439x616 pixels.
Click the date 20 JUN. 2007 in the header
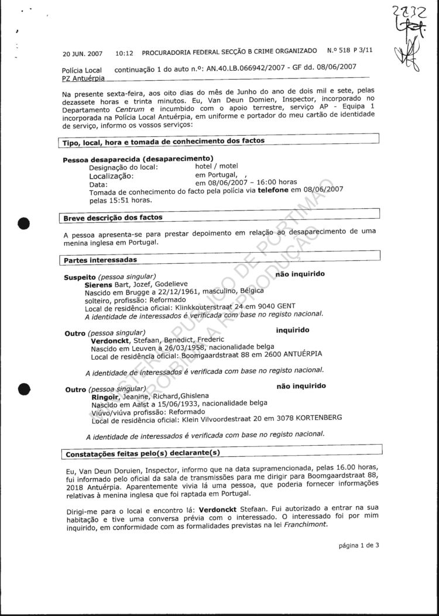82,54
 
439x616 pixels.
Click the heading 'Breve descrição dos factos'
113,218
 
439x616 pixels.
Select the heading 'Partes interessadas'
100,259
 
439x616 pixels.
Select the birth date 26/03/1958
162,347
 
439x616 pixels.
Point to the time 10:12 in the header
124,54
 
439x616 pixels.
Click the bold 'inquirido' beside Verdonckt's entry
293,331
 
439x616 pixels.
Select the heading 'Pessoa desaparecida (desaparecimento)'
138,159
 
